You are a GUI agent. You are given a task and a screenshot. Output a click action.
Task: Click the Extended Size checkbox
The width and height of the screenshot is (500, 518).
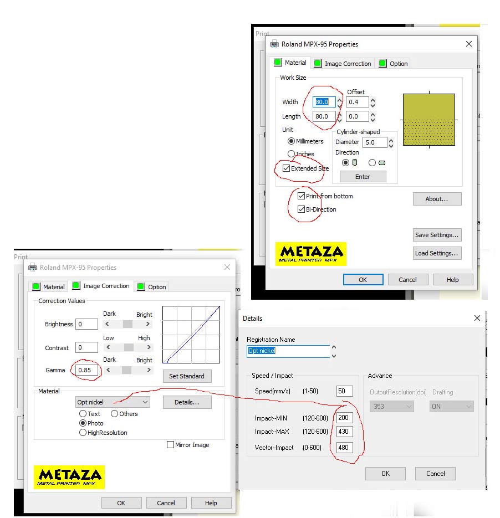(x=286, y=168)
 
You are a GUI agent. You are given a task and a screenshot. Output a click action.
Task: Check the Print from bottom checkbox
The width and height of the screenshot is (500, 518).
(x=301, y=196)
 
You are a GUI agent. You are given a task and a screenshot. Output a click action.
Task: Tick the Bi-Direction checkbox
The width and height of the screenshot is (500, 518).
(x=301, y=209)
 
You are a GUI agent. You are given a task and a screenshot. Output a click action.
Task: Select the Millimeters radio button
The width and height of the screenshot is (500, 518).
(x=291, y=141)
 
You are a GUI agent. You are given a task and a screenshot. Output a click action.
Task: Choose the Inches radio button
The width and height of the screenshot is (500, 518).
(x=291, y=153)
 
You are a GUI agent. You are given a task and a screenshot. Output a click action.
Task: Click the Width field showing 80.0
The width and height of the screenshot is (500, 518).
(x=324, y=102)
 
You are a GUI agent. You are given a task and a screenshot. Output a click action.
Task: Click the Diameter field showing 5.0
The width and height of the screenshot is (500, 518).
(x=375, y=142)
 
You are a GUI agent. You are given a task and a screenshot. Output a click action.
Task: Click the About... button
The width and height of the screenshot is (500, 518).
(x=437, y=199)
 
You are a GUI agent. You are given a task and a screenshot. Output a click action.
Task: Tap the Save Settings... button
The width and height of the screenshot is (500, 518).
(x=437, y=235)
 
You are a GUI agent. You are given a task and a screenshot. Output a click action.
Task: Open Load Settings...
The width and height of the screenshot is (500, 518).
(x=437, y=253)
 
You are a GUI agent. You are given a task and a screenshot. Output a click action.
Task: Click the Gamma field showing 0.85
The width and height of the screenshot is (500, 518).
(x=86, y=370)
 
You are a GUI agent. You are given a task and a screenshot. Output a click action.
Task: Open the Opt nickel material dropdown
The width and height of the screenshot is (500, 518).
(x=113, y=402)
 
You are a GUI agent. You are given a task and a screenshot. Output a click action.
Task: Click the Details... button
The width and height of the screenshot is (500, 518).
(x=187, y=402)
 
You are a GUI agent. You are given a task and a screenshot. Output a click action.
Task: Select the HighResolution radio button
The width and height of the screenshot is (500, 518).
(x=83, y=433)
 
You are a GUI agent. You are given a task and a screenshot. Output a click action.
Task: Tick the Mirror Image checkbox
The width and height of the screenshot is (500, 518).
(x=171, y=445)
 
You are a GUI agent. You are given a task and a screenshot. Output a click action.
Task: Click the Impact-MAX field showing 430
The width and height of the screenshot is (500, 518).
(x=344, y=431)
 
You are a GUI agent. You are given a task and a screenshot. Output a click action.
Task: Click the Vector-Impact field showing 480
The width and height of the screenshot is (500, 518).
(x=344, y=447)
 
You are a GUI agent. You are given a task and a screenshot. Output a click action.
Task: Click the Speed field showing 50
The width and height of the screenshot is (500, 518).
(x=344, y=391)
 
